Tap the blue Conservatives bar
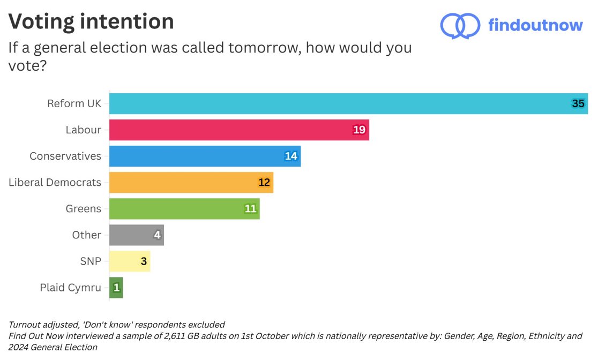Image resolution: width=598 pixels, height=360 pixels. (204, 156)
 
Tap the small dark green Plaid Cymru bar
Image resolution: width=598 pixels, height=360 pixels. (116, 288)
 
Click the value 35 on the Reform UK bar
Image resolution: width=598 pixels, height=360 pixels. (578, 103)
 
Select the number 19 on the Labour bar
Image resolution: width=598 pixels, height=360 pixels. (359, 130)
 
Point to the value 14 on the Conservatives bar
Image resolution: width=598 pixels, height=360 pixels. (291, 156)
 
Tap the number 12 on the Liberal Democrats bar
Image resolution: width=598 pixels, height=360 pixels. (264, 182)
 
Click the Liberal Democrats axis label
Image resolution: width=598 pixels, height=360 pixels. (55, 182)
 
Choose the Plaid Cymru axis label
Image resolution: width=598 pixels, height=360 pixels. (70, 288)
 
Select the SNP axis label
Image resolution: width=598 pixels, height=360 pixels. (90, 261)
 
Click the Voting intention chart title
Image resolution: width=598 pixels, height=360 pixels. (91, 21)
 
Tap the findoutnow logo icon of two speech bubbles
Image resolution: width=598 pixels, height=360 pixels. (460, 26)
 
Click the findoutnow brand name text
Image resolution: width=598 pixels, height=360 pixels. (535, 25)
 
